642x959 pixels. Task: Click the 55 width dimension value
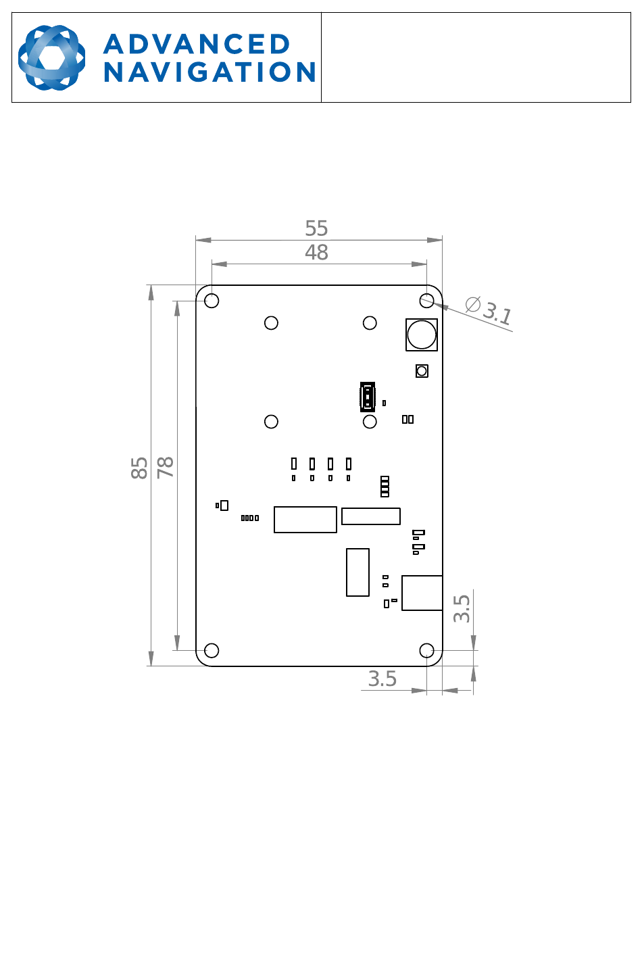[316, 228]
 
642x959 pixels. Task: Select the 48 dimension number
[316, 252]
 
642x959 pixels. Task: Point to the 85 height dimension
[139, 468]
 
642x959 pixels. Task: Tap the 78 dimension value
[166, 467]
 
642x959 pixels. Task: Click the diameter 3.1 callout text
[489, 310]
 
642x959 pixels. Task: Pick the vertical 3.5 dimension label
[462, 608]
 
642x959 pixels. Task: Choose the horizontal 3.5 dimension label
[382, 679]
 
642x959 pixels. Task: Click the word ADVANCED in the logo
[197, 44]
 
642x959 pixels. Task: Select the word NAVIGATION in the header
[209, 72]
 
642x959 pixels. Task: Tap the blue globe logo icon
[52, 57]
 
